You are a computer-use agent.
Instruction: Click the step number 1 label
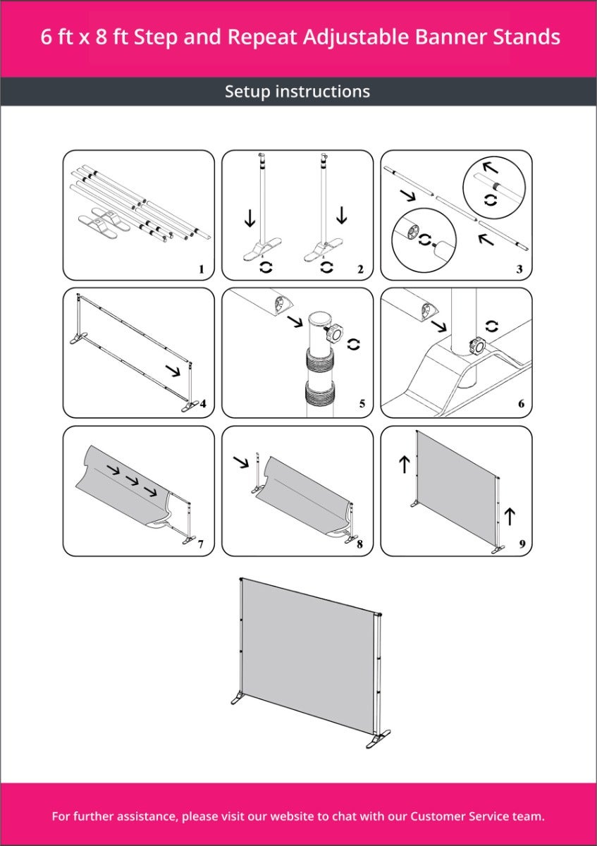point(202,269)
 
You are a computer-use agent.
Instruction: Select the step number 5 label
point(362,404)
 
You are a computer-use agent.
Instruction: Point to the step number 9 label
point(522,544)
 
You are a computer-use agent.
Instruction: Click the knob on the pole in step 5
point(334,333)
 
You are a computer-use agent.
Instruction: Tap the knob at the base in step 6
point(476,345)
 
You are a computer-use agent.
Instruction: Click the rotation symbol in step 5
point(353,344)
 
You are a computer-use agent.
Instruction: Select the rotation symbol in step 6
point(492,326)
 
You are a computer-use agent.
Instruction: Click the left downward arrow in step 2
point(250,219)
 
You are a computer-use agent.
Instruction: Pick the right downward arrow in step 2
point(341,215)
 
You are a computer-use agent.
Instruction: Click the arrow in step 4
point(173,371)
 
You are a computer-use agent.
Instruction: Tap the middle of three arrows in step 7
point(133,481)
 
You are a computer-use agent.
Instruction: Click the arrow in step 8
point(241,462)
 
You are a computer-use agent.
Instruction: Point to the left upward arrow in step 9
point(405,464)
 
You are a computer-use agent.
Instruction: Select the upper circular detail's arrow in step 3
point(491,167)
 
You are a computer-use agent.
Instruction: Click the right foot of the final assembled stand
point(378,739)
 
